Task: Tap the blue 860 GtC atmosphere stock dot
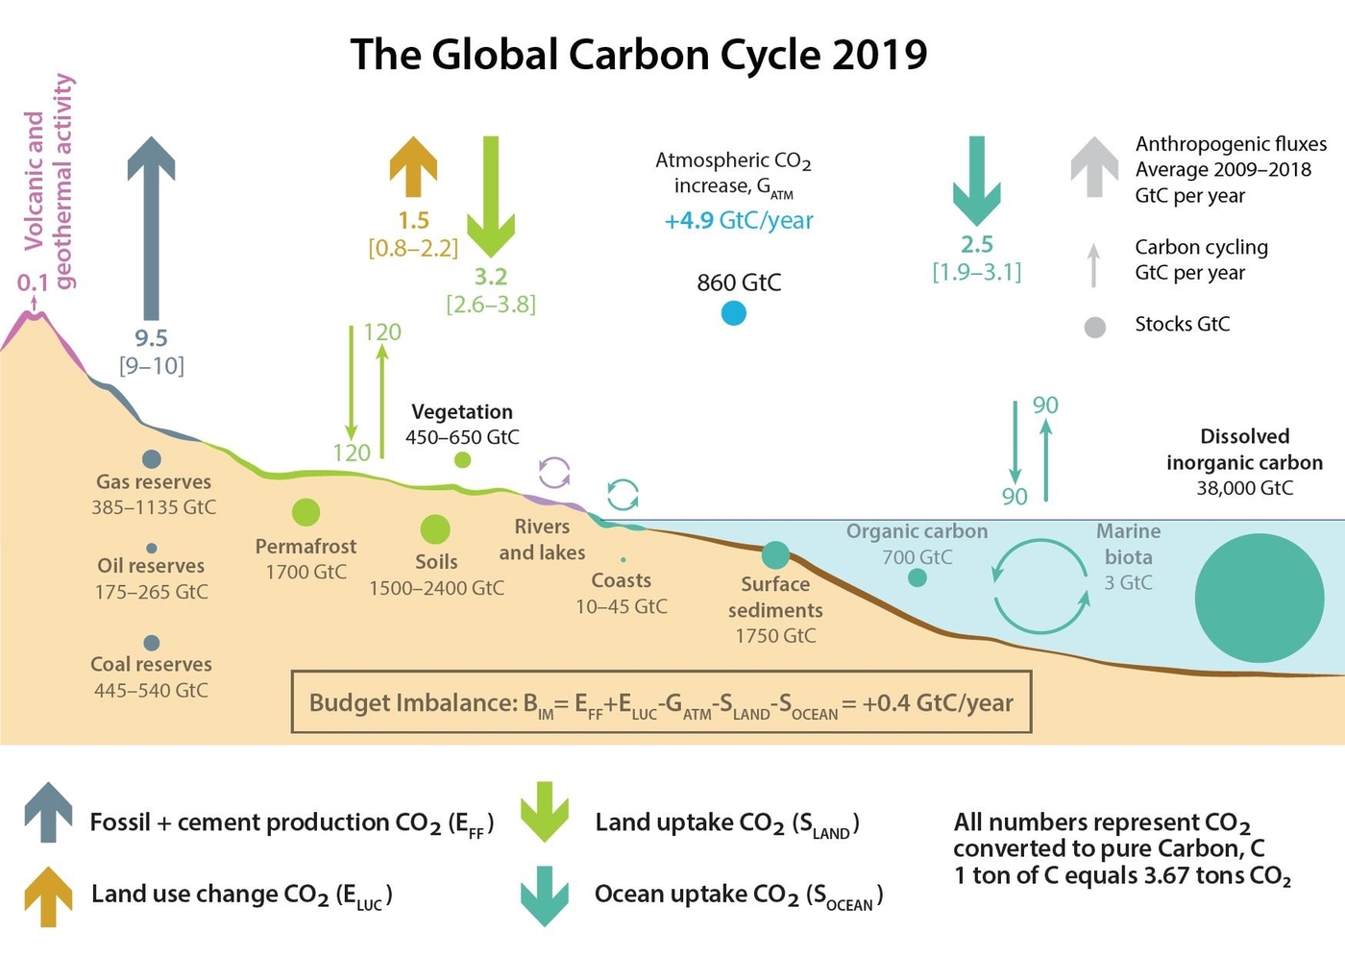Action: [733, 313]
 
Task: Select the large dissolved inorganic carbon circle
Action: [1259, 598]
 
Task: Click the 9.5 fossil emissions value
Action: [151, 338]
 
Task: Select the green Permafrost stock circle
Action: [306, 512]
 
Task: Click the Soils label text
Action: [436, 562]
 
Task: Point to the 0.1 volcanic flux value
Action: [32, 283]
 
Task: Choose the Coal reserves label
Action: [151, 664]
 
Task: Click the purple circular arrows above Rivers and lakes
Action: [554, 472]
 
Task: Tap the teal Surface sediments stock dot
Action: [775, 554]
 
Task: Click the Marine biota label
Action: [1129, 544]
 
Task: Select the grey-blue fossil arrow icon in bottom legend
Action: [48, 812]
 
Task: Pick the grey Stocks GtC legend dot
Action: [1094, 327]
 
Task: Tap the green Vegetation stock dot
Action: [462, 460]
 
